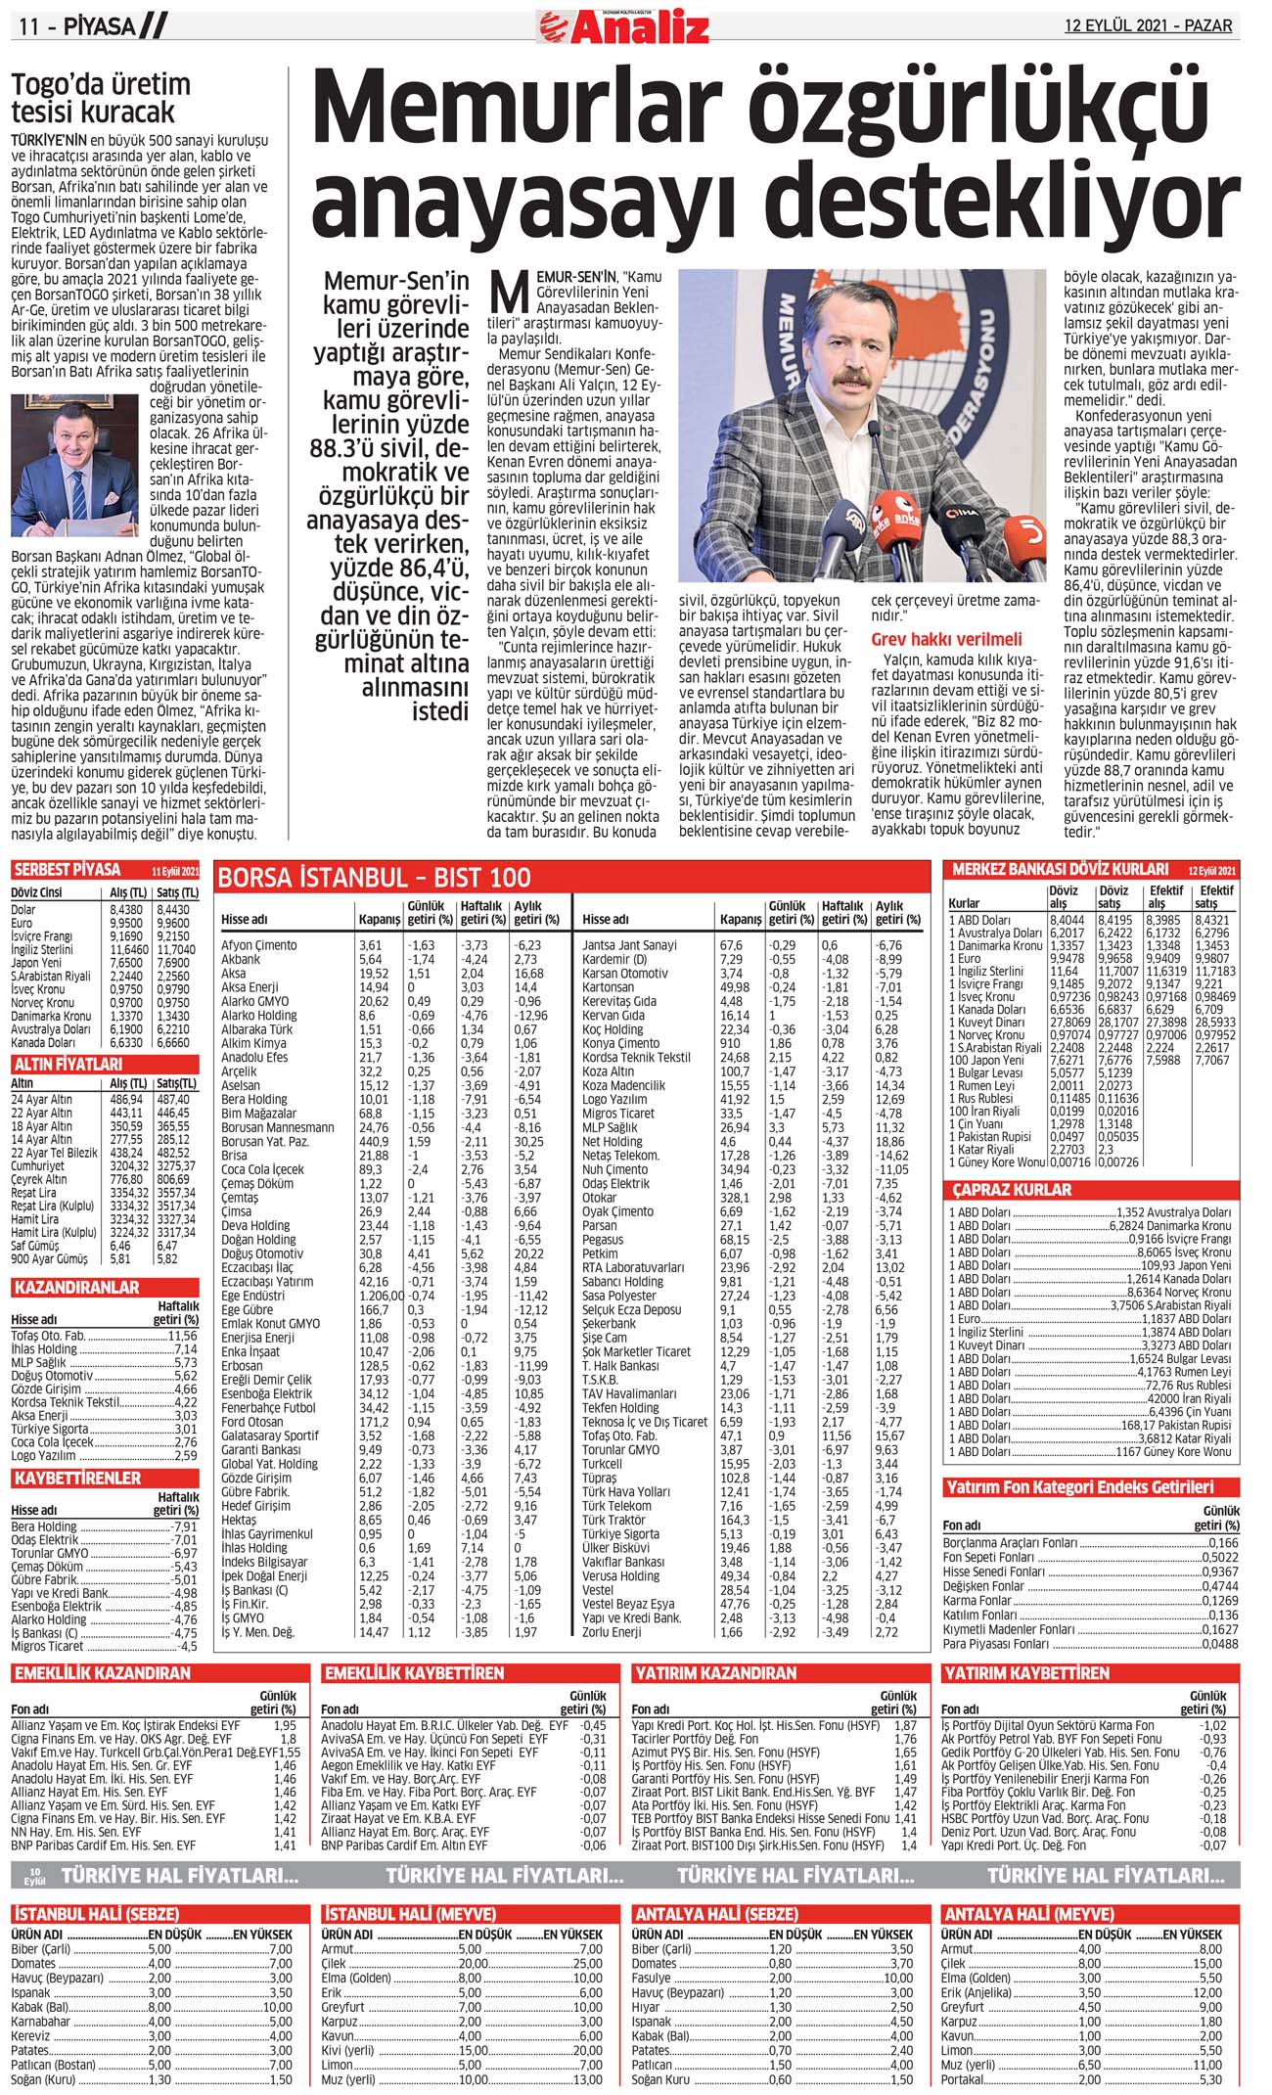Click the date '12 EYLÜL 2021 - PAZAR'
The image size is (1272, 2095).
click(1148, 25)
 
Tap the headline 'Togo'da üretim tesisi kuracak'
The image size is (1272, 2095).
click(101, 98)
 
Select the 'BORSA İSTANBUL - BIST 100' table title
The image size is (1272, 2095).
click(375, 878)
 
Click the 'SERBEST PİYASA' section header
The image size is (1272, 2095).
click(68, 870)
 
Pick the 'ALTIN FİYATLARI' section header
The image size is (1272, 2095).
click(68, 1064)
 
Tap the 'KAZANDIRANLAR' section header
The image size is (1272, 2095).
click(76, 1288)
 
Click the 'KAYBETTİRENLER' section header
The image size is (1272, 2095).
click(77, 1478)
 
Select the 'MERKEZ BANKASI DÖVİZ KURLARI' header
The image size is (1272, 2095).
click(1060, 869)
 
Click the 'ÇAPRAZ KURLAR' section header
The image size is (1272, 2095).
click(1013, 1190)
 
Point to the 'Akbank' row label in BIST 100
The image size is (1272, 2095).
click(241, 960)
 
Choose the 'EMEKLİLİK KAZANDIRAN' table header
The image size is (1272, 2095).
click(103, 1673)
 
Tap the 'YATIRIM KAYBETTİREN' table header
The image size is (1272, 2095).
click(1025, 1673)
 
